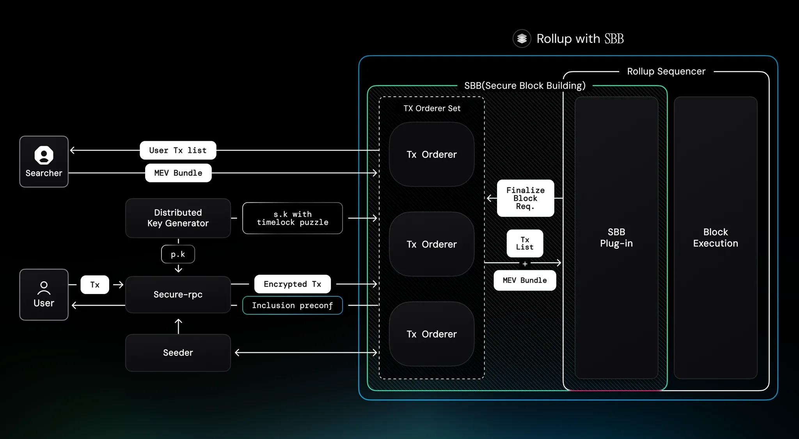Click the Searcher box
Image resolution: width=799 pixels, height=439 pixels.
(x=44, y=161)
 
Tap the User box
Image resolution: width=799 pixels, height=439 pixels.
(x=44, y=294)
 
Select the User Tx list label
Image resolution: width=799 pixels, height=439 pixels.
(x=178, y=150)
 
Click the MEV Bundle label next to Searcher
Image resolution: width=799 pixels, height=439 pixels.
(x=178, y=173)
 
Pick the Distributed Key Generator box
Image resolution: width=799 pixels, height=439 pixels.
(x=178, y=218)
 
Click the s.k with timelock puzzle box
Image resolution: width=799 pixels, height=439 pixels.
(x=292, y=218)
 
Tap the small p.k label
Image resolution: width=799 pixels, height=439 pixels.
(x=178, y=254)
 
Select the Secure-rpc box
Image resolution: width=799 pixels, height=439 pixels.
(x=178, y=294)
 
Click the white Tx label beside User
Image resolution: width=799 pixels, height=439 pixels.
(x=95, y=285)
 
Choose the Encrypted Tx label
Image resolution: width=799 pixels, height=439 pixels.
(x=292, y=284)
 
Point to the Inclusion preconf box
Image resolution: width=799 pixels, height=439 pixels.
(x=292, y=305)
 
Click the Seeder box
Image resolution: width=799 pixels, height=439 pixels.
(x=178, y=352)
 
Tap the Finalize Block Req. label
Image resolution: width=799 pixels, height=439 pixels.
(x=525, y=198)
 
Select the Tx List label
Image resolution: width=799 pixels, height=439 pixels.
(x=525, y=243)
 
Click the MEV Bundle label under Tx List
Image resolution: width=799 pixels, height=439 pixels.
(x=525, y=280)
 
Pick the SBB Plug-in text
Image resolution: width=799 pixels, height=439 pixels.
(x=616, y=237)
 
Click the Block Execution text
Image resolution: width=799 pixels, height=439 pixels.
(x=716, y=237)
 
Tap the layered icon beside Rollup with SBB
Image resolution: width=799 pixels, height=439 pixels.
(x=522, y=39)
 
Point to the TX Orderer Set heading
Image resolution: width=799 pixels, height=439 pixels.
(x=432, y=108)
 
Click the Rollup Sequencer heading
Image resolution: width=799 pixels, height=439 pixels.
(x=666, y=71)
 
